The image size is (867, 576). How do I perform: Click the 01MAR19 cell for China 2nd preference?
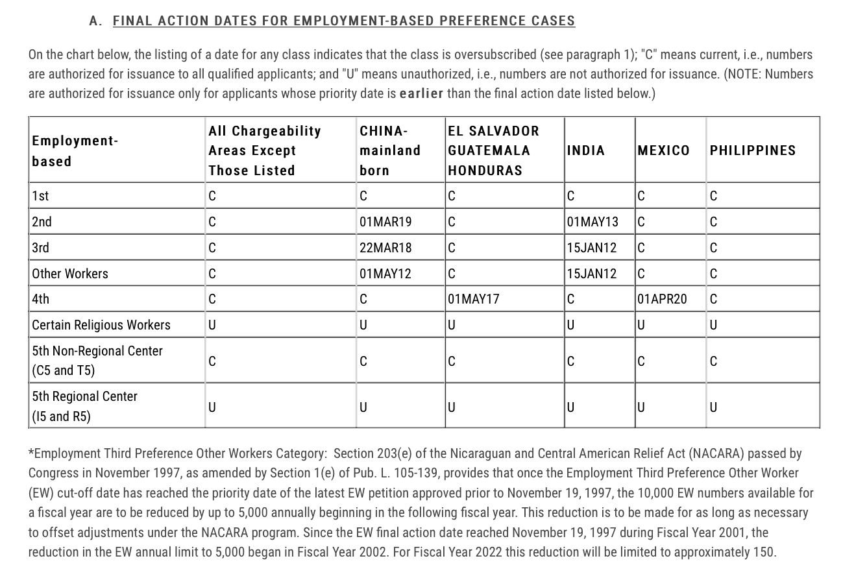coord(385,222)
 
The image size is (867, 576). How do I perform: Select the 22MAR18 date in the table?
coord(385,248)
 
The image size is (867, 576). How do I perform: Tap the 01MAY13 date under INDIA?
coord(592,222)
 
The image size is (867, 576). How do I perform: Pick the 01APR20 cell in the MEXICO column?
coord(662,299)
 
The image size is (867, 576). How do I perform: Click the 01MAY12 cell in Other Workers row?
coord(385,274)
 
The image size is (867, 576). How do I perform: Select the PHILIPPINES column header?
coord(752,150)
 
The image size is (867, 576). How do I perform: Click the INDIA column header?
coord(586,150)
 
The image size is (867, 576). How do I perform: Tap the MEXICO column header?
coord(664,150)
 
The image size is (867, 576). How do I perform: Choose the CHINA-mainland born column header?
coord(390,150)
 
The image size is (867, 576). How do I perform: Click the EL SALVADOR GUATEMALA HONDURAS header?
coord(493,150)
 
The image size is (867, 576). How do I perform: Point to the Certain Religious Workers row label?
coord(101,325)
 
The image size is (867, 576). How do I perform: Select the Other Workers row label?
coord(70,274)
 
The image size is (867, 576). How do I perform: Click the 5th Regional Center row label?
coord(84,405)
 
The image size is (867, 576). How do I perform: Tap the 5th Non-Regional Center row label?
coord(97,360)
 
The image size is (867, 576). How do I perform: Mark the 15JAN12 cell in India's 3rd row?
coord(592,248)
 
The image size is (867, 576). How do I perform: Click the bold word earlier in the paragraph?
coord(422,93)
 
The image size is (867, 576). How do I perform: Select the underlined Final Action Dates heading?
coord(344,21)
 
